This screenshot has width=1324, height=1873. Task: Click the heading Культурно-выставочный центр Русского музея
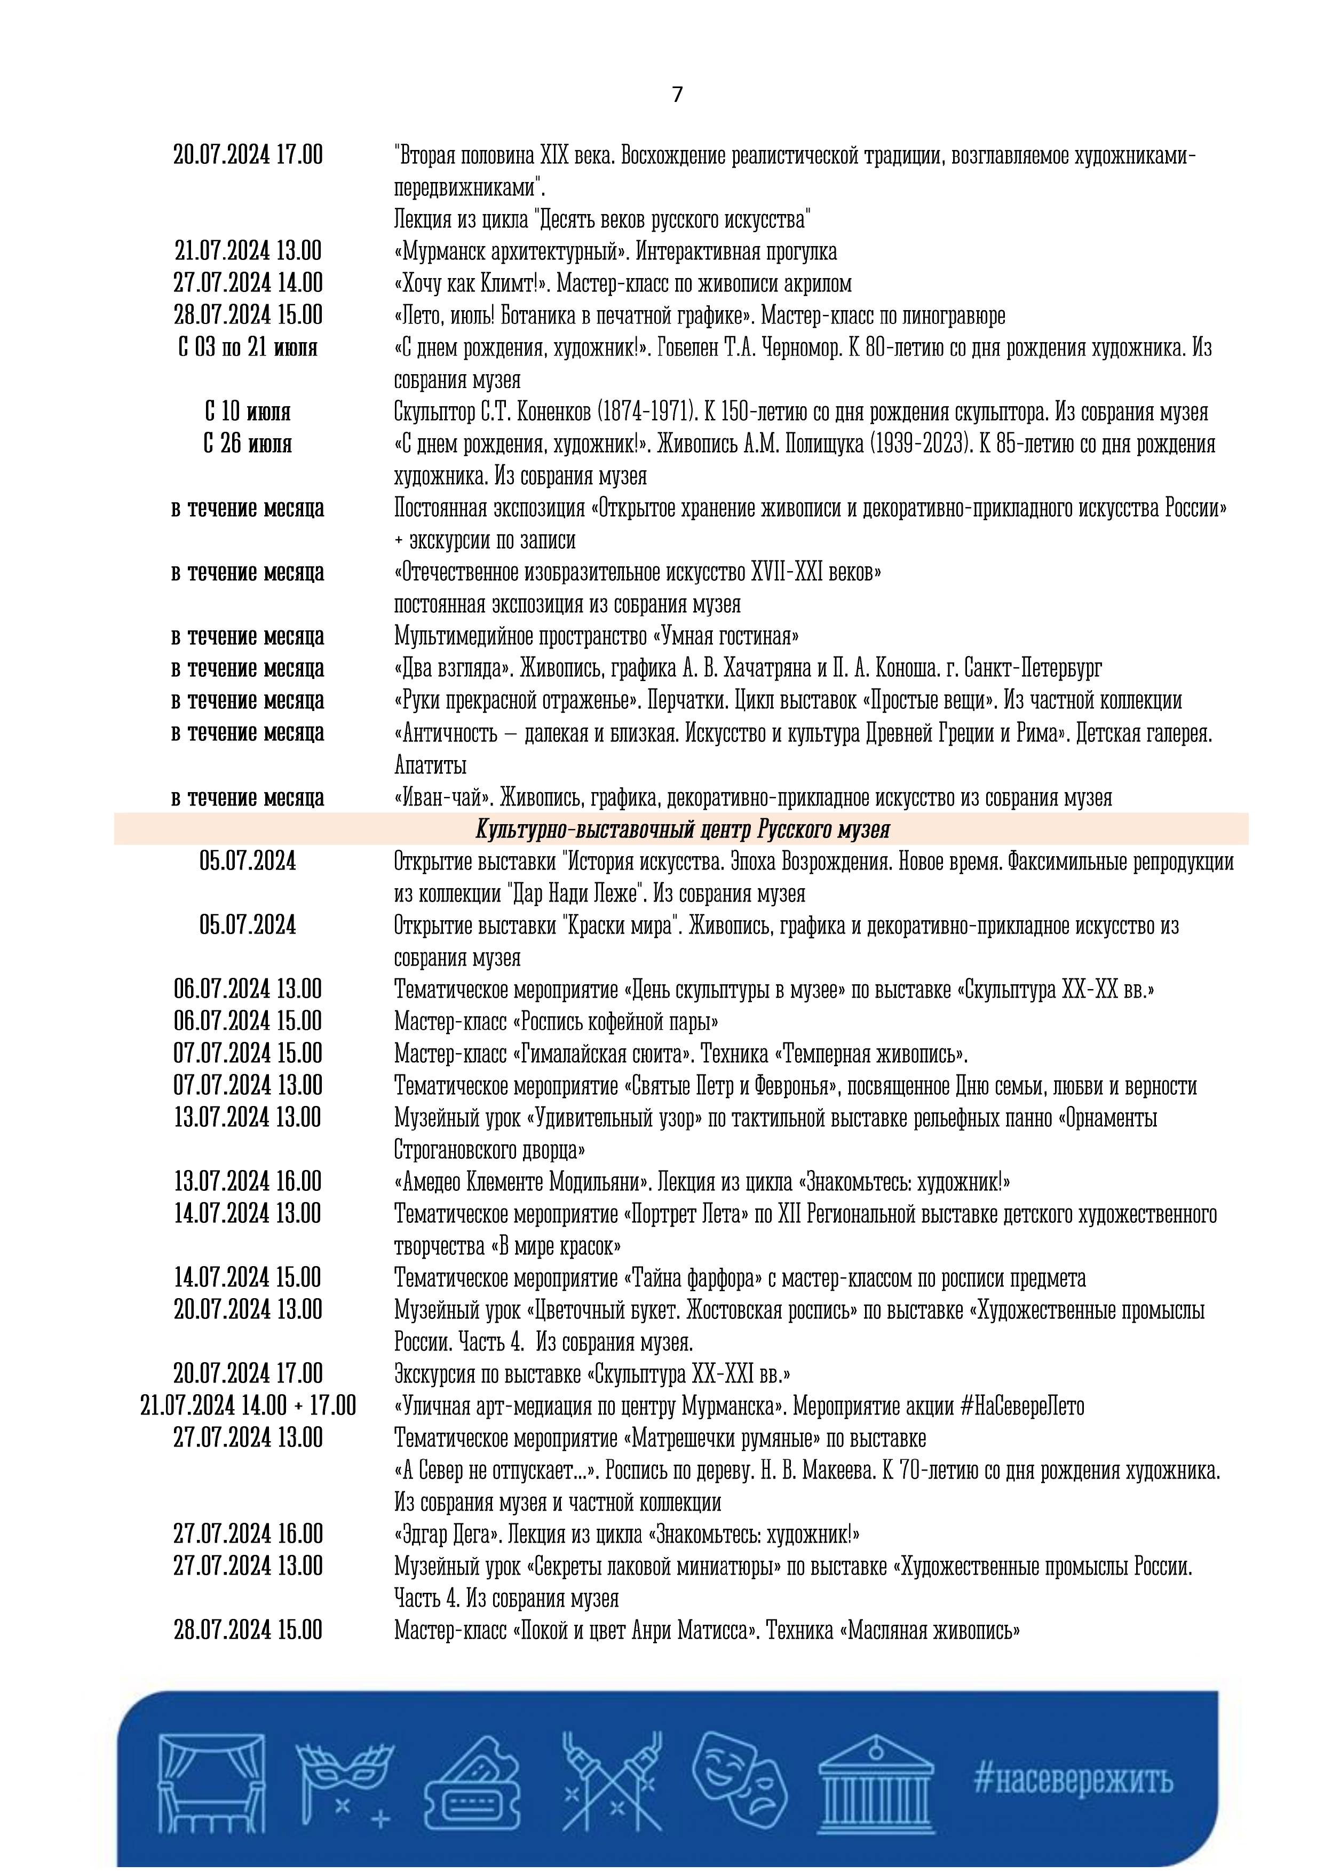pos(682,829)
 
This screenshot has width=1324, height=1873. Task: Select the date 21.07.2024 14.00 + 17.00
pos(248,1405)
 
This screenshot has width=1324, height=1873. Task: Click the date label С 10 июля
pos(248,412)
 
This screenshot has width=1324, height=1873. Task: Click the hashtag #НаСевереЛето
pos(1022,1405)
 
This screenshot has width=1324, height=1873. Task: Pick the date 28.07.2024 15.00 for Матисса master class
pos(248,1630)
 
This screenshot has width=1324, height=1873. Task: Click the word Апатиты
pos(430,765)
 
